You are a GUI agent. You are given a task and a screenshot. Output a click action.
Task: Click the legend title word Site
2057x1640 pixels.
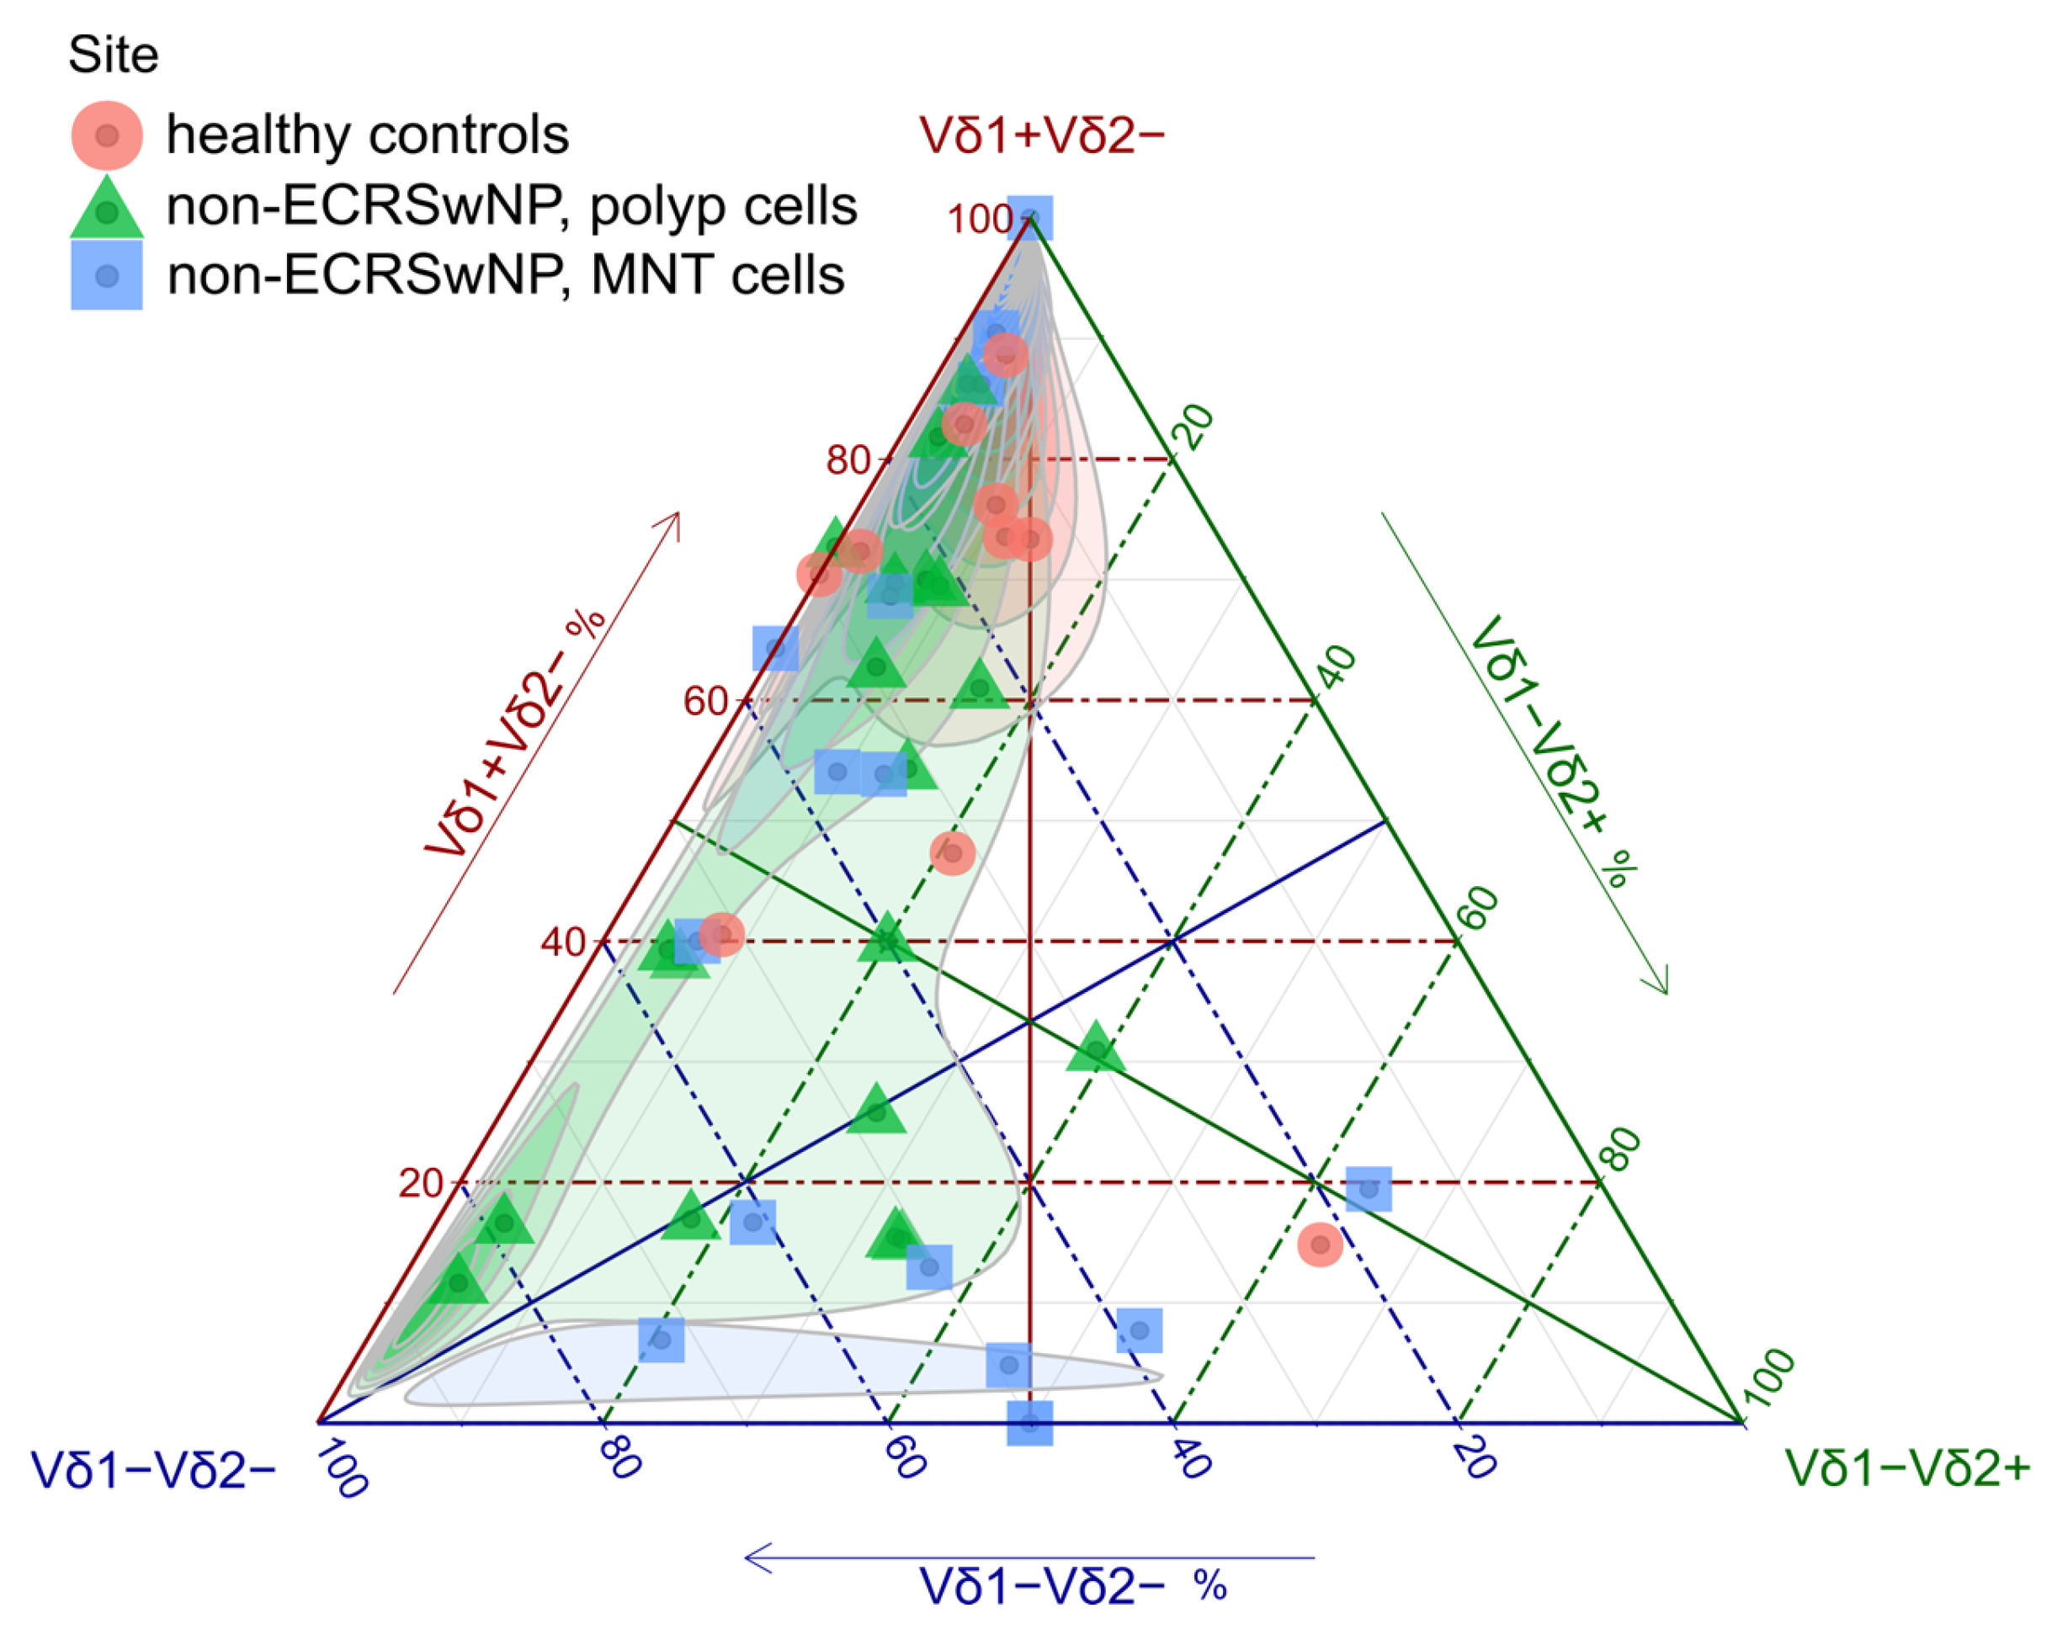(113, 55)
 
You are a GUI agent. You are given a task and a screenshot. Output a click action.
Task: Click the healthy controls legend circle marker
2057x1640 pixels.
(107, 135)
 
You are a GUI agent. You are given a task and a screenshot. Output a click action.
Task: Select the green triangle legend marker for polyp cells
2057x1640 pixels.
(107, 209)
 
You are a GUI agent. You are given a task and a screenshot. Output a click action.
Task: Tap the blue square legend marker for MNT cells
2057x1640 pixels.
(107, 276)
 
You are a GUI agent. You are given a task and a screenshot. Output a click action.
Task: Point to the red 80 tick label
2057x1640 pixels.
(848, 459)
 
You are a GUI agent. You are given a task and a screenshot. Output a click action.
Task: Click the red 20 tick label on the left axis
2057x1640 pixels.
(420, 1183)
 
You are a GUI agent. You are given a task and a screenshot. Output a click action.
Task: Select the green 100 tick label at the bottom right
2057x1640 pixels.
(1773, 1379)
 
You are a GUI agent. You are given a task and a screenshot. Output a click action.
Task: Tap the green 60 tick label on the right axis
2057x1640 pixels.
(1480, 908)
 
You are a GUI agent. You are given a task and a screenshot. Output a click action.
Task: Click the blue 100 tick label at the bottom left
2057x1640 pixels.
(342, 1470)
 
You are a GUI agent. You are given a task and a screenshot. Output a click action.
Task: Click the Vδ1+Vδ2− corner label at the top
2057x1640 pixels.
(1042, 135)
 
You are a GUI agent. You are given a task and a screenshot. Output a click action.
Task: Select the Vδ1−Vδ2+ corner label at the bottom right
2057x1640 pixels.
(1908, 1468)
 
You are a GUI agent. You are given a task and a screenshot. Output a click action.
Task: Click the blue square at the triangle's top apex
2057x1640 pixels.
(1030, 218)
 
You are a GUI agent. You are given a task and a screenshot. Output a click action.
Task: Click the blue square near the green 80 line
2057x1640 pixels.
(1369, 1189)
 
